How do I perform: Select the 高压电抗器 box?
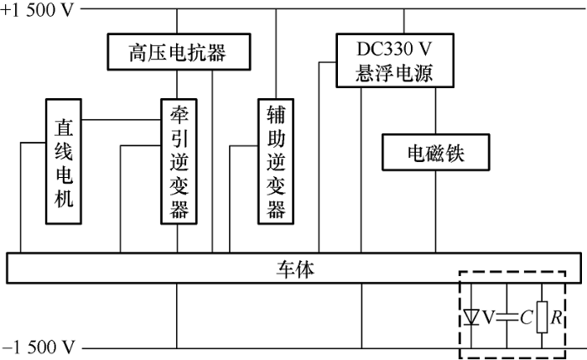click(x=178, y=53)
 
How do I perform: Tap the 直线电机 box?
click(x=64, y=161)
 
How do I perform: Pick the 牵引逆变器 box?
click(x=179, y=161)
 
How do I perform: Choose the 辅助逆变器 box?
click(x=276, y=161)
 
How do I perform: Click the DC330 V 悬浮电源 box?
click(x=394, y=60)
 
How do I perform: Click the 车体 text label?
click(x=294, y=269)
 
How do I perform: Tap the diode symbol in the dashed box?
click(x=471, y=316)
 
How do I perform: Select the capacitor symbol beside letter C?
click(x=506, y=316)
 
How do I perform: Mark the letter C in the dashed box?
click(x=525, y=317)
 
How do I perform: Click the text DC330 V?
click(x=394, y=50)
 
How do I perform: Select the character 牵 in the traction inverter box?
click(x=179, y=113)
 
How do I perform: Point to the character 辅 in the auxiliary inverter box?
click(x=276, y=113)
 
